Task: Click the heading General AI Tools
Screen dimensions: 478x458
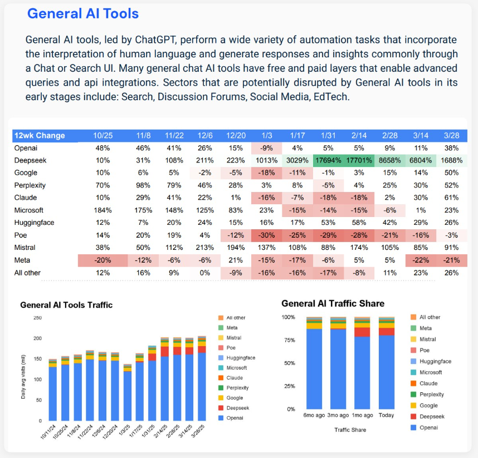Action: (83, 14)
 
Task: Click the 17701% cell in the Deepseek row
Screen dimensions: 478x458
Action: (359, 160)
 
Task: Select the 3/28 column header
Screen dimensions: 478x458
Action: (451, 136)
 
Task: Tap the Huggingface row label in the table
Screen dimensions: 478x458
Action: (34, 223)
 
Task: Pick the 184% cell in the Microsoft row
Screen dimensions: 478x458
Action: (103, 210)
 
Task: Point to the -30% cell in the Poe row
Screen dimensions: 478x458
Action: (266, 235)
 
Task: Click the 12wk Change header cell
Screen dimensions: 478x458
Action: (40, 136)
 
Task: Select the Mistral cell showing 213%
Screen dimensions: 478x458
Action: (205, 248)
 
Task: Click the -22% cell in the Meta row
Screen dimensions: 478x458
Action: (421, 260)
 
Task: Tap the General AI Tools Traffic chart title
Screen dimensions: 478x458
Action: (66, 305)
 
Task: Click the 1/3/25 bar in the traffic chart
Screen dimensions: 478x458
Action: (128, 392)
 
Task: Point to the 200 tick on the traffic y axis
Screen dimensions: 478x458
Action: (37, 338)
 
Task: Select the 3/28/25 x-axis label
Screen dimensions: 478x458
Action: (198, 431)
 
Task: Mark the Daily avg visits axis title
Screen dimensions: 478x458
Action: (23, 377)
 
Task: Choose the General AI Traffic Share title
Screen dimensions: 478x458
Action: (333, 303)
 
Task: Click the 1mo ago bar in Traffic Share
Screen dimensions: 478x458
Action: (362, 363)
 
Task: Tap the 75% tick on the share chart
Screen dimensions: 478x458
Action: (290, 340)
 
